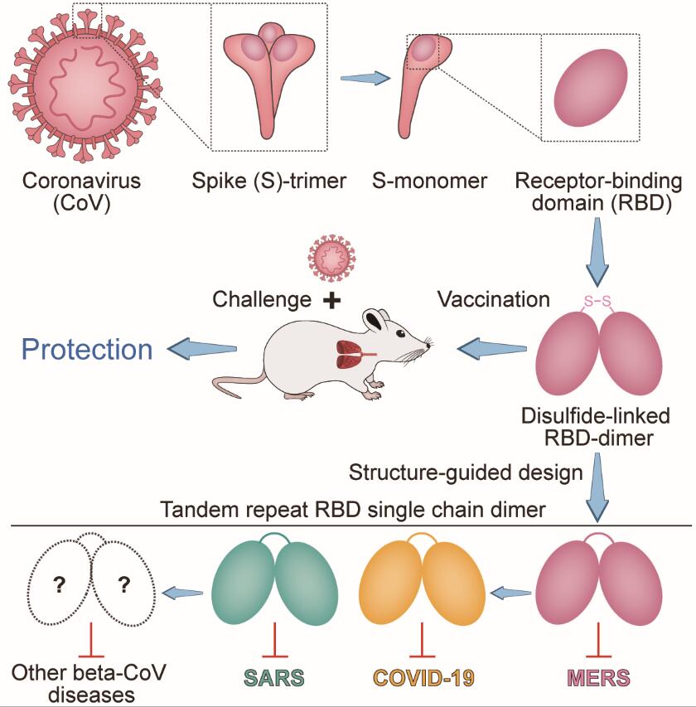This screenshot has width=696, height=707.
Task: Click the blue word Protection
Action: (x=88, y=349)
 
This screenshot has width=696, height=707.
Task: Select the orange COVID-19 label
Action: (x=423, y=676)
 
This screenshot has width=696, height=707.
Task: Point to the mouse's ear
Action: (x=378, y=320)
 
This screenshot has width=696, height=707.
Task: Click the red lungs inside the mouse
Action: (x=346, y=354)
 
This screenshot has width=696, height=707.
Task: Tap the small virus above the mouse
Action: (x=330, y=257)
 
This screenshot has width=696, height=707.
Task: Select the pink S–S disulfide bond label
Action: (x=598, y=305)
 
